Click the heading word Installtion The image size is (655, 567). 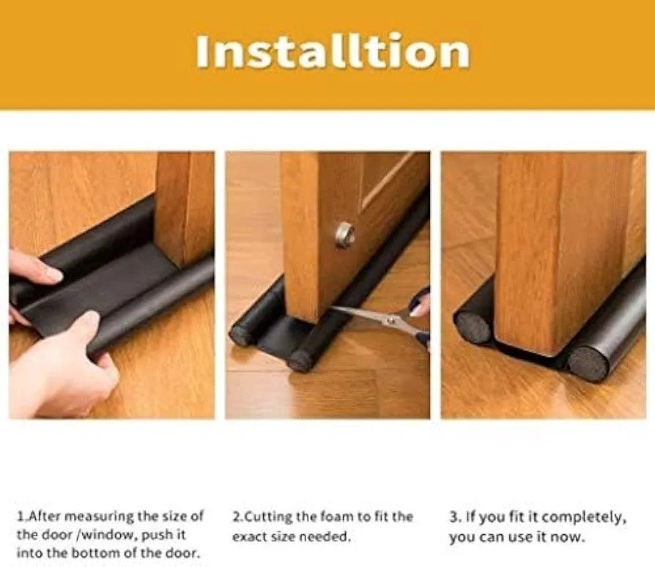333,52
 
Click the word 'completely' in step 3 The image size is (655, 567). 585,518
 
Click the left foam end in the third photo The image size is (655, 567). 472,327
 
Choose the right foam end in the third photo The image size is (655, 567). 587,363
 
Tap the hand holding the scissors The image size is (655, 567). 420,305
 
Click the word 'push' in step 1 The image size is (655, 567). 157,535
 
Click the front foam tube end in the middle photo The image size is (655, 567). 300,360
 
